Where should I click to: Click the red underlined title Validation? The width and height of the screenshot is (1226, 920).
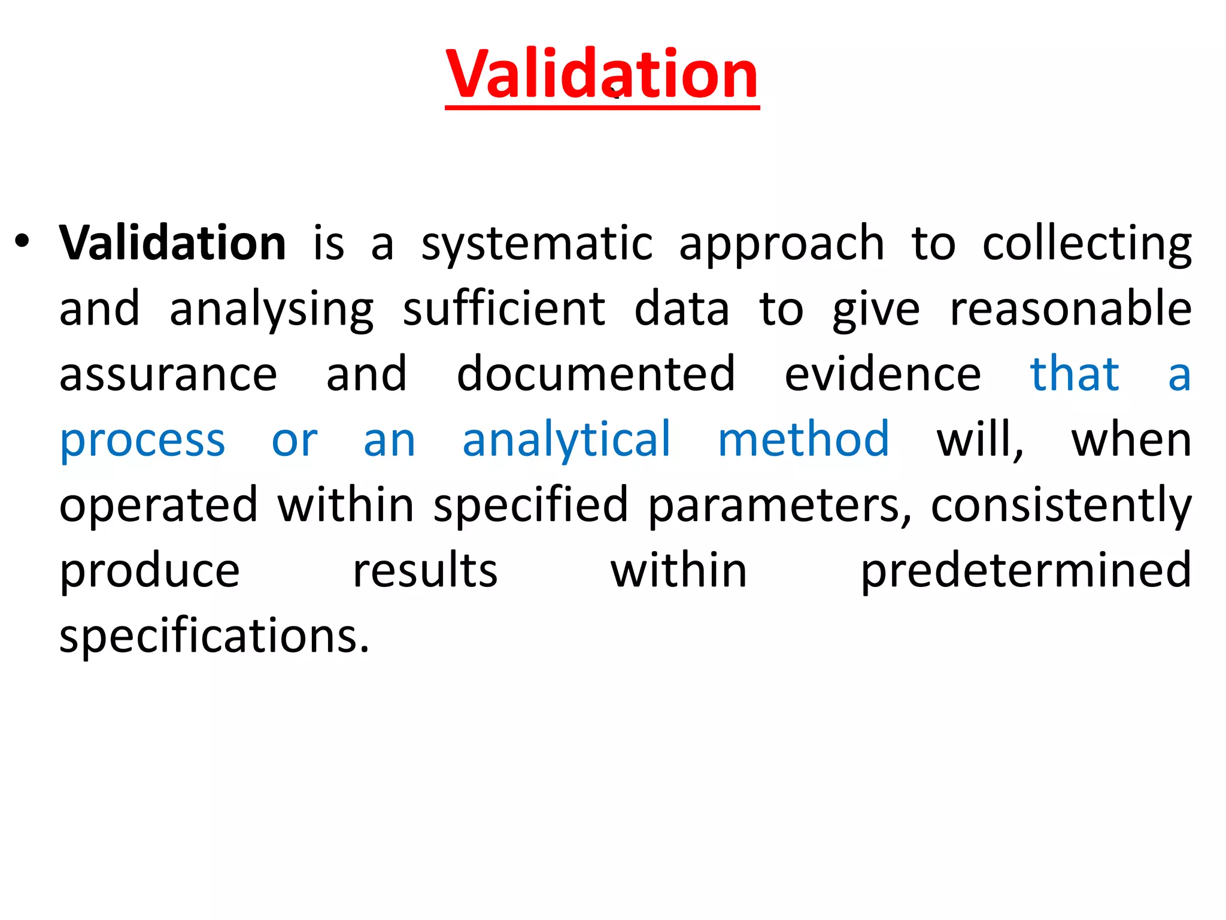602,74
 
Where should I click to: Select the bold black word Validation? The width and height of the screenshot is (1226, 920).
173,243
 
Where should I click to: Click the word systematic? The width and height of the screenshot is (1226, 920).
537,244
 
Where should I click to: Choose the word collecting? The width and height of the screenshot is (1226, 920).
1087,244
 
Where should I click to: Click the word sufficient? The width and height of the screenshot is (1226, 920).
504,309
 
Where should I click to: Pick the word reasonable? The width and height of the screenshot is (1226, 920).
1070,309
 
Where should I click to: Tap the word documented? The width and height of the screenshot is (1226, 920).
596,374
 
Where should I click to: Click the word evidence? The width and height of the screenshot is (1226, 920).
882,374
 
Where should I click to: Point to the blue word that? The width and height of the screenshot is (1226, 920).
1074,374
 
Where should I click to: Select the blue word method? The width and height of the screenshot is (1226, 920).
803,440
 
